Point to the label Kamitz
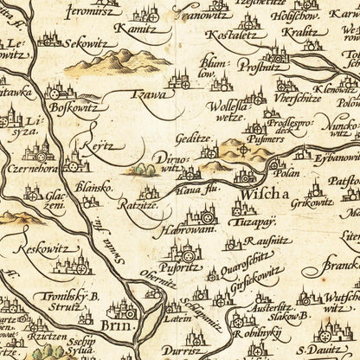click(x=138, y=29)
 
